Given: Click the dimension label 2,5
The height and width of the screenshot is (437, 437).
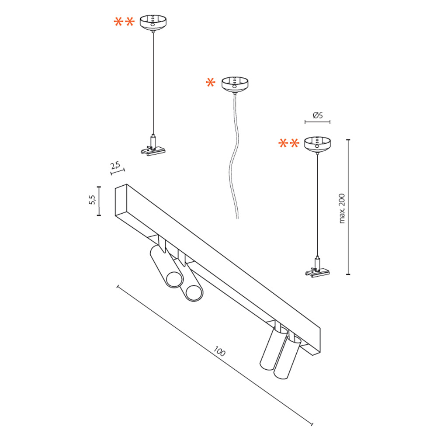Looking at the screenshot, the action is coord(115,165).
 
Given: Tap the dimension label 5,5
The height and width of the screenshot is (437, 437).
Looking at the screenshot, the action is coord(92,200).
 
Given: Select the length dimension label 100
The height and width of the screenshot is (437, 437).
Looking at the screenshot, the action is coord(219,351).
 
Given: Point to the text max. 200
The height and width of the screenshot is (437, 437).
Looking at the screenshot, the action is coord(342,208).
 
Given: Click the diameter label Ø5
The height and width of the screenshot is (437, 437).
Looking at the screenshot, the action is coord(318,115).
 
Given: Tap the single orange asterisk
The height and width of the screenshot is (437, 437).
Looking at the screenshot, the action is coord(211,83).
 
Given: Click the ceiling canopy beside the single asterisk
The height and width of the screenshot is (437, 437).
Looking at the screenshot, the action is coord(235,84).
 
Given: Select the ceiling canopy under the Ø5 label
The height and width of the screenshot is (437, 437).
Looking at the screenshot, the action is coord(317,144).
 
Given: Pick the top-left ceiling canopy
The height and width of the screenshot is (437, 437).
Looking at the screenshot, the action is coord(153,23).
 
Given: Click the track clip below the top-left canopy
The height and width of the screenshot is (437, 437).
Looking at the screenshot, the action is coord(153,149).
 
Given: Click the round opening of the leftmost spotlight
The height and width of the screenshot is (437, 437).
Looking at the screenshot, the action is coord(175,280).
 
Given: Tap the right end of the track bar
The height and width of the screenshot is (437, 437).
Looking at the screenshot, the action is coord(318,342).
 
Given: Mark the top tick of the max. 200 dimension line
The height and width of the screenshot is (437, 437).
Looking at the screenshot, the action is coord(348,140).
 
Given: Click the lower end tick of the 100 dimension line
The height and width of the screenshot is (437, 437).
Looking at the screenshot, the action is coord(312,424).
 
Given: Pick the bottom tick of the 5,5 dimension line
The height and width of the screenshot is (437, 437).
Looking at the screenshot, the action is coord(99,215).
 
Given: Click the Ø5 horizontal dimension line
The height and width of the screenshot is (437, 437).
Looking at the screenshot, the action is coord(317,122).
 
